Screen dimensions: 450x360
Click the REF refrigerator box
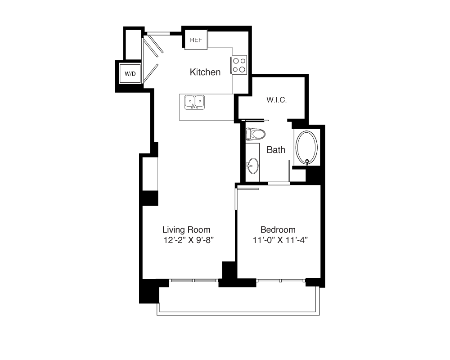pos(196,40)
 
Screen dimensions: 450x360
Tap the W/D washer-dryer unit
pos(130,74)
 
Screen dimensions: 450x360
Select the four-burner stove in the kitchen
pos(239,65)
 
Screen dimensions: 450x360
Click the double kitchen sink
pos(194,103)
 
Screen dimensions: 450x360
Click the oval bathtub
pos(307,148)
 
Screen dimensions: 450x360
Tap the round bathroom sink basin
pos(253,166)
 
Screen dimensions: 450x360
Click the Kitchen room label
pos(205,72)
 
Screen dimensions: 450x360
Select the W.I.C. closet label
pos(277,100)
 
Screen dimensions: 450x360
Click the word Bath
pos(276,149)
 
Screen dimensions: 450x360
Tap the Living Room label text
pos(186,229)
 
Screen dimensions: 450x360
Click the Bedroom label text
pos(278,229)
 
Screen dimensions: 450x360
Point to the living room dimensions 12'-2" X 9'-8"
pos(189,240)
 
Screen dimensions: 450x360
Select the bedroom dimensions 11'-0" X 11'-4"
pos(280,240)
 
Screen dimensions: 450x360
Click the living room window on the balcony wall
pos(193,280)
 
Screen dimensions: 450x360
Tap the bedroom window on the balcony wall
pos(281,280)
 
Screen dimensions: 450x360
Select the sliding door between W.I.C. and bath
pos(255,120)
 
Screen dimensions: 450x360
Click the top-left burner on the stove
pos(236,61)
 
